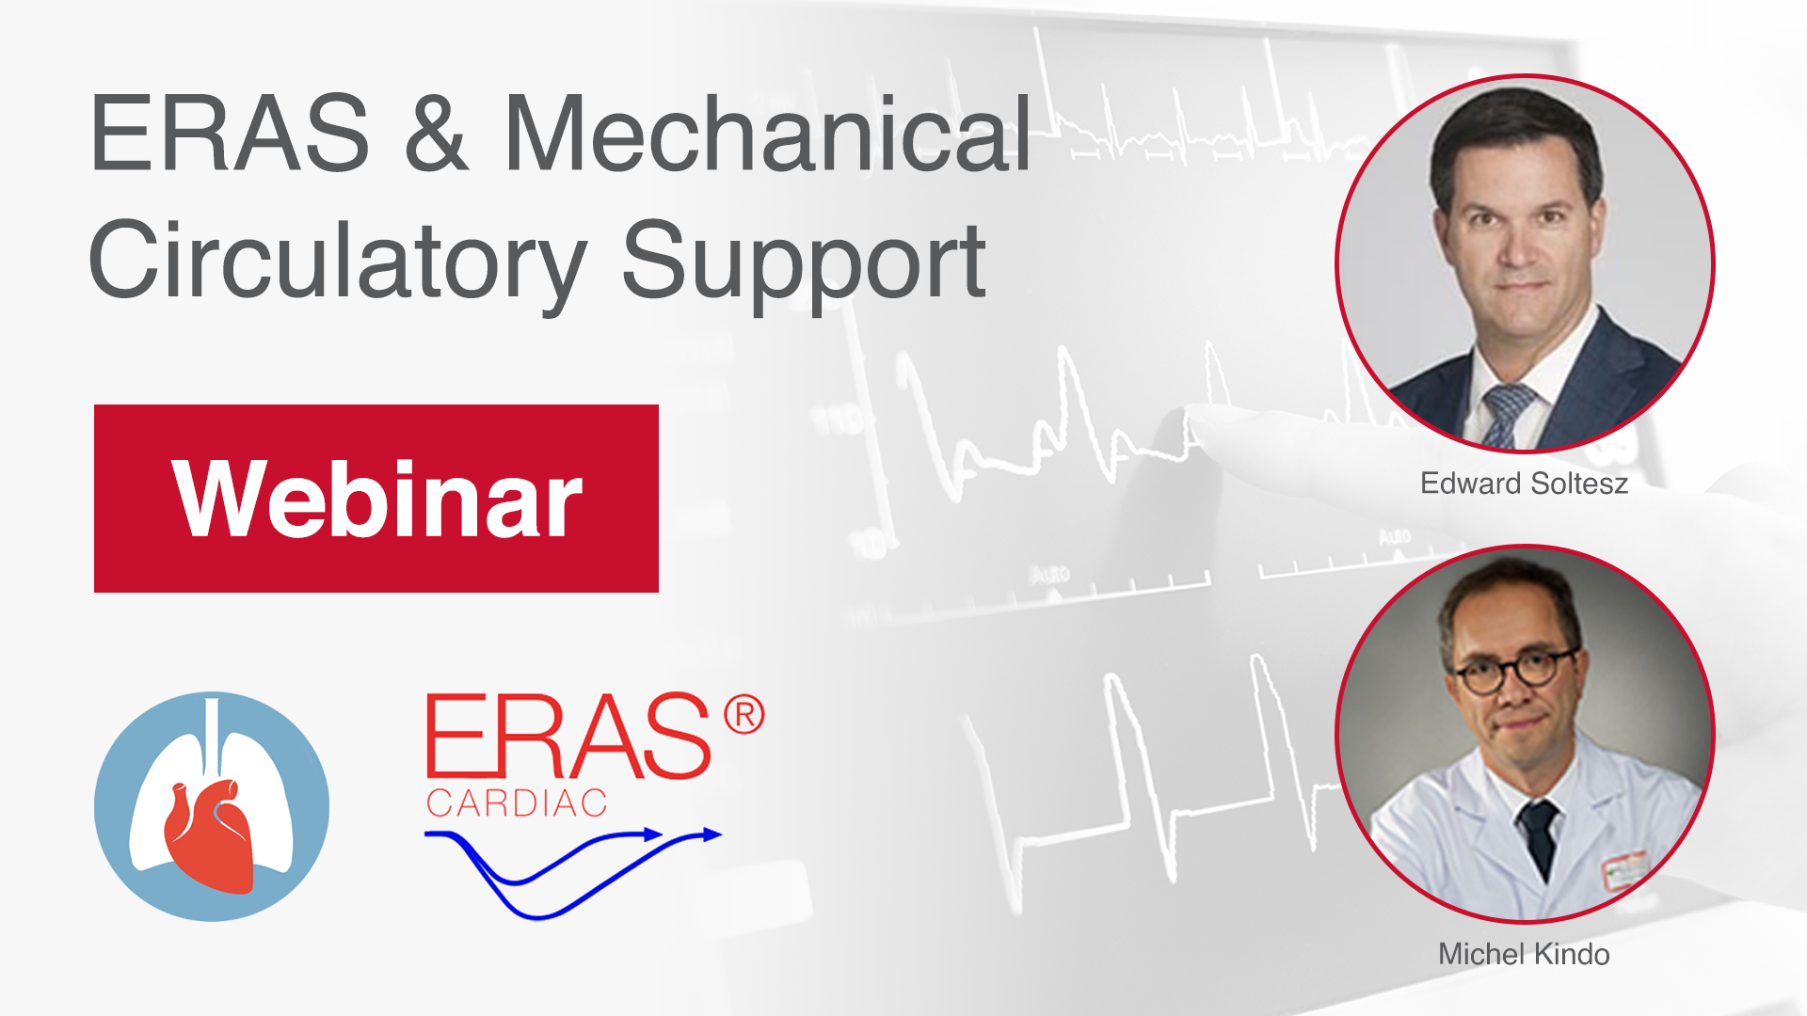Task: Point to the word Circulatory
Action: [338, 262]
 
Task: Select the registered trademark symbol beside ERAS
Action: [744, 716]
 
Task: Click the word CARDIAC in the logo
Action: [517, 803]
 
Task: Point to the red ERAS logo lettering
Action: [568, 736]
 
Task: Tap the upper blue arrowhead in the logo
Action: [652, 833]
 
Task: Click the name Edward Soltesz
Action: [1524, 484]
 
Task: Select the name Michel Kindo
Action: [1524, 954]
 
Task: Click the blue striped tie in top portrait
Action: [1506, 414]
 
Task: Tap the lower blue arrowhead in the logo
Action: [712, 833]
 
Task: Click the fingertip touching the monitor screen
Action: [1197, 421]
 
